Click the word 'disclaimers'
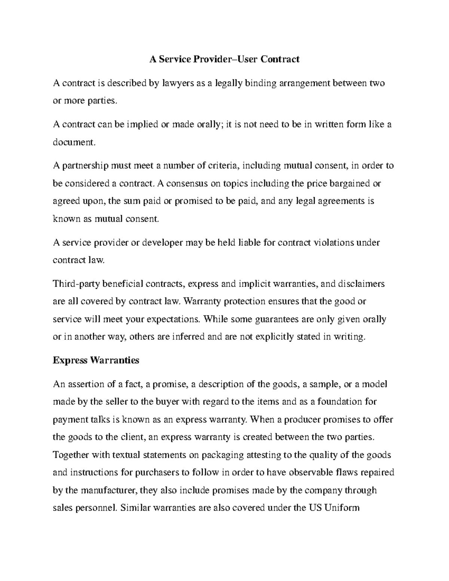point(361,284)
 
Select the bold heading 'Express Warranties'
point(96,360)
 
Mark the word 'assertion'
point(84,384)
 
